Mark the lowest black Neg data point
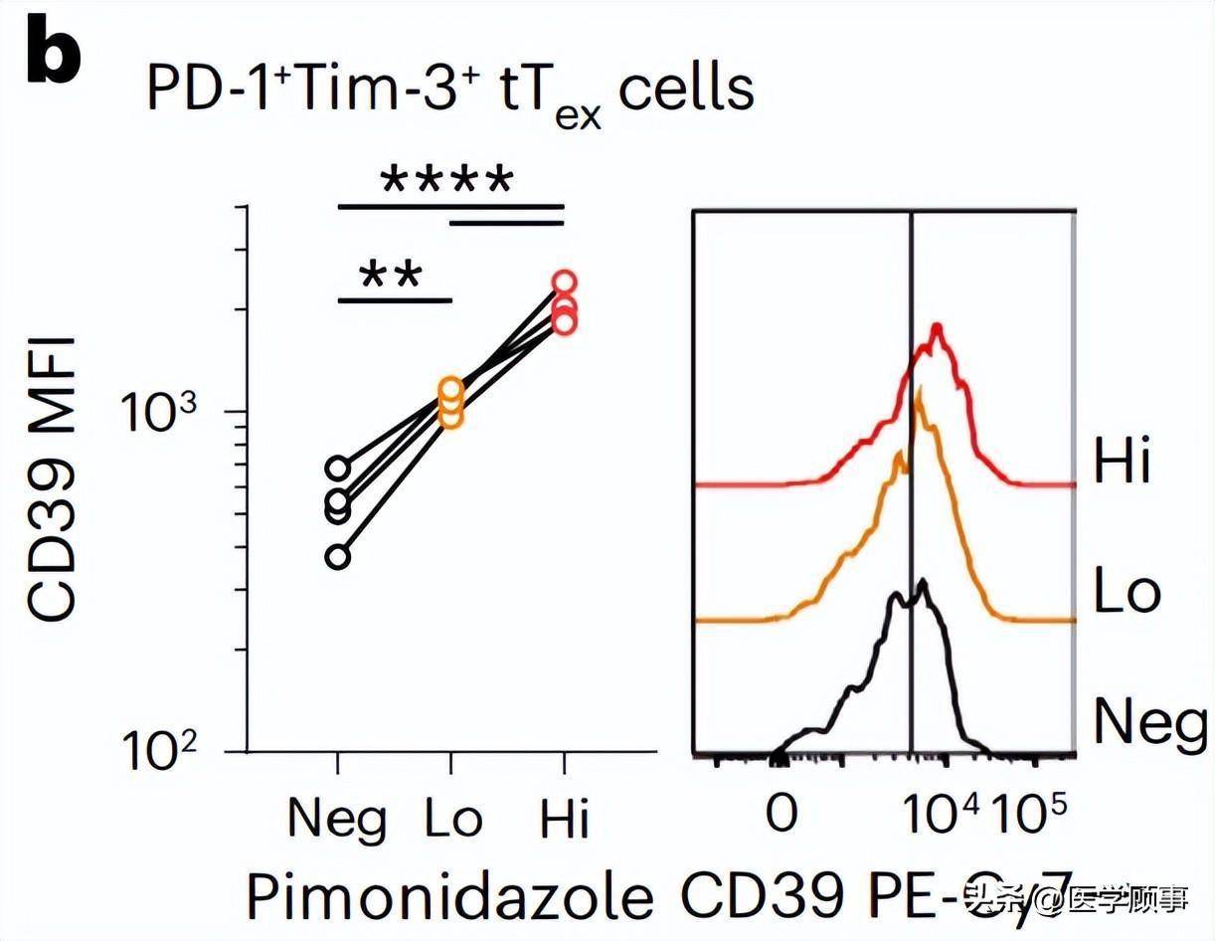(338, 557)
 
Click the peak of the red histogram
(936, 327)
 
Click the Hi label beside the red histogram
(1123, 464)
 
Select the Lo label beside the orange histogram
(1127, 592)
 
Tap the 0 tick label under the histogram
(782, 813)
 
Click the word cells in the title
(686, 91)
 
